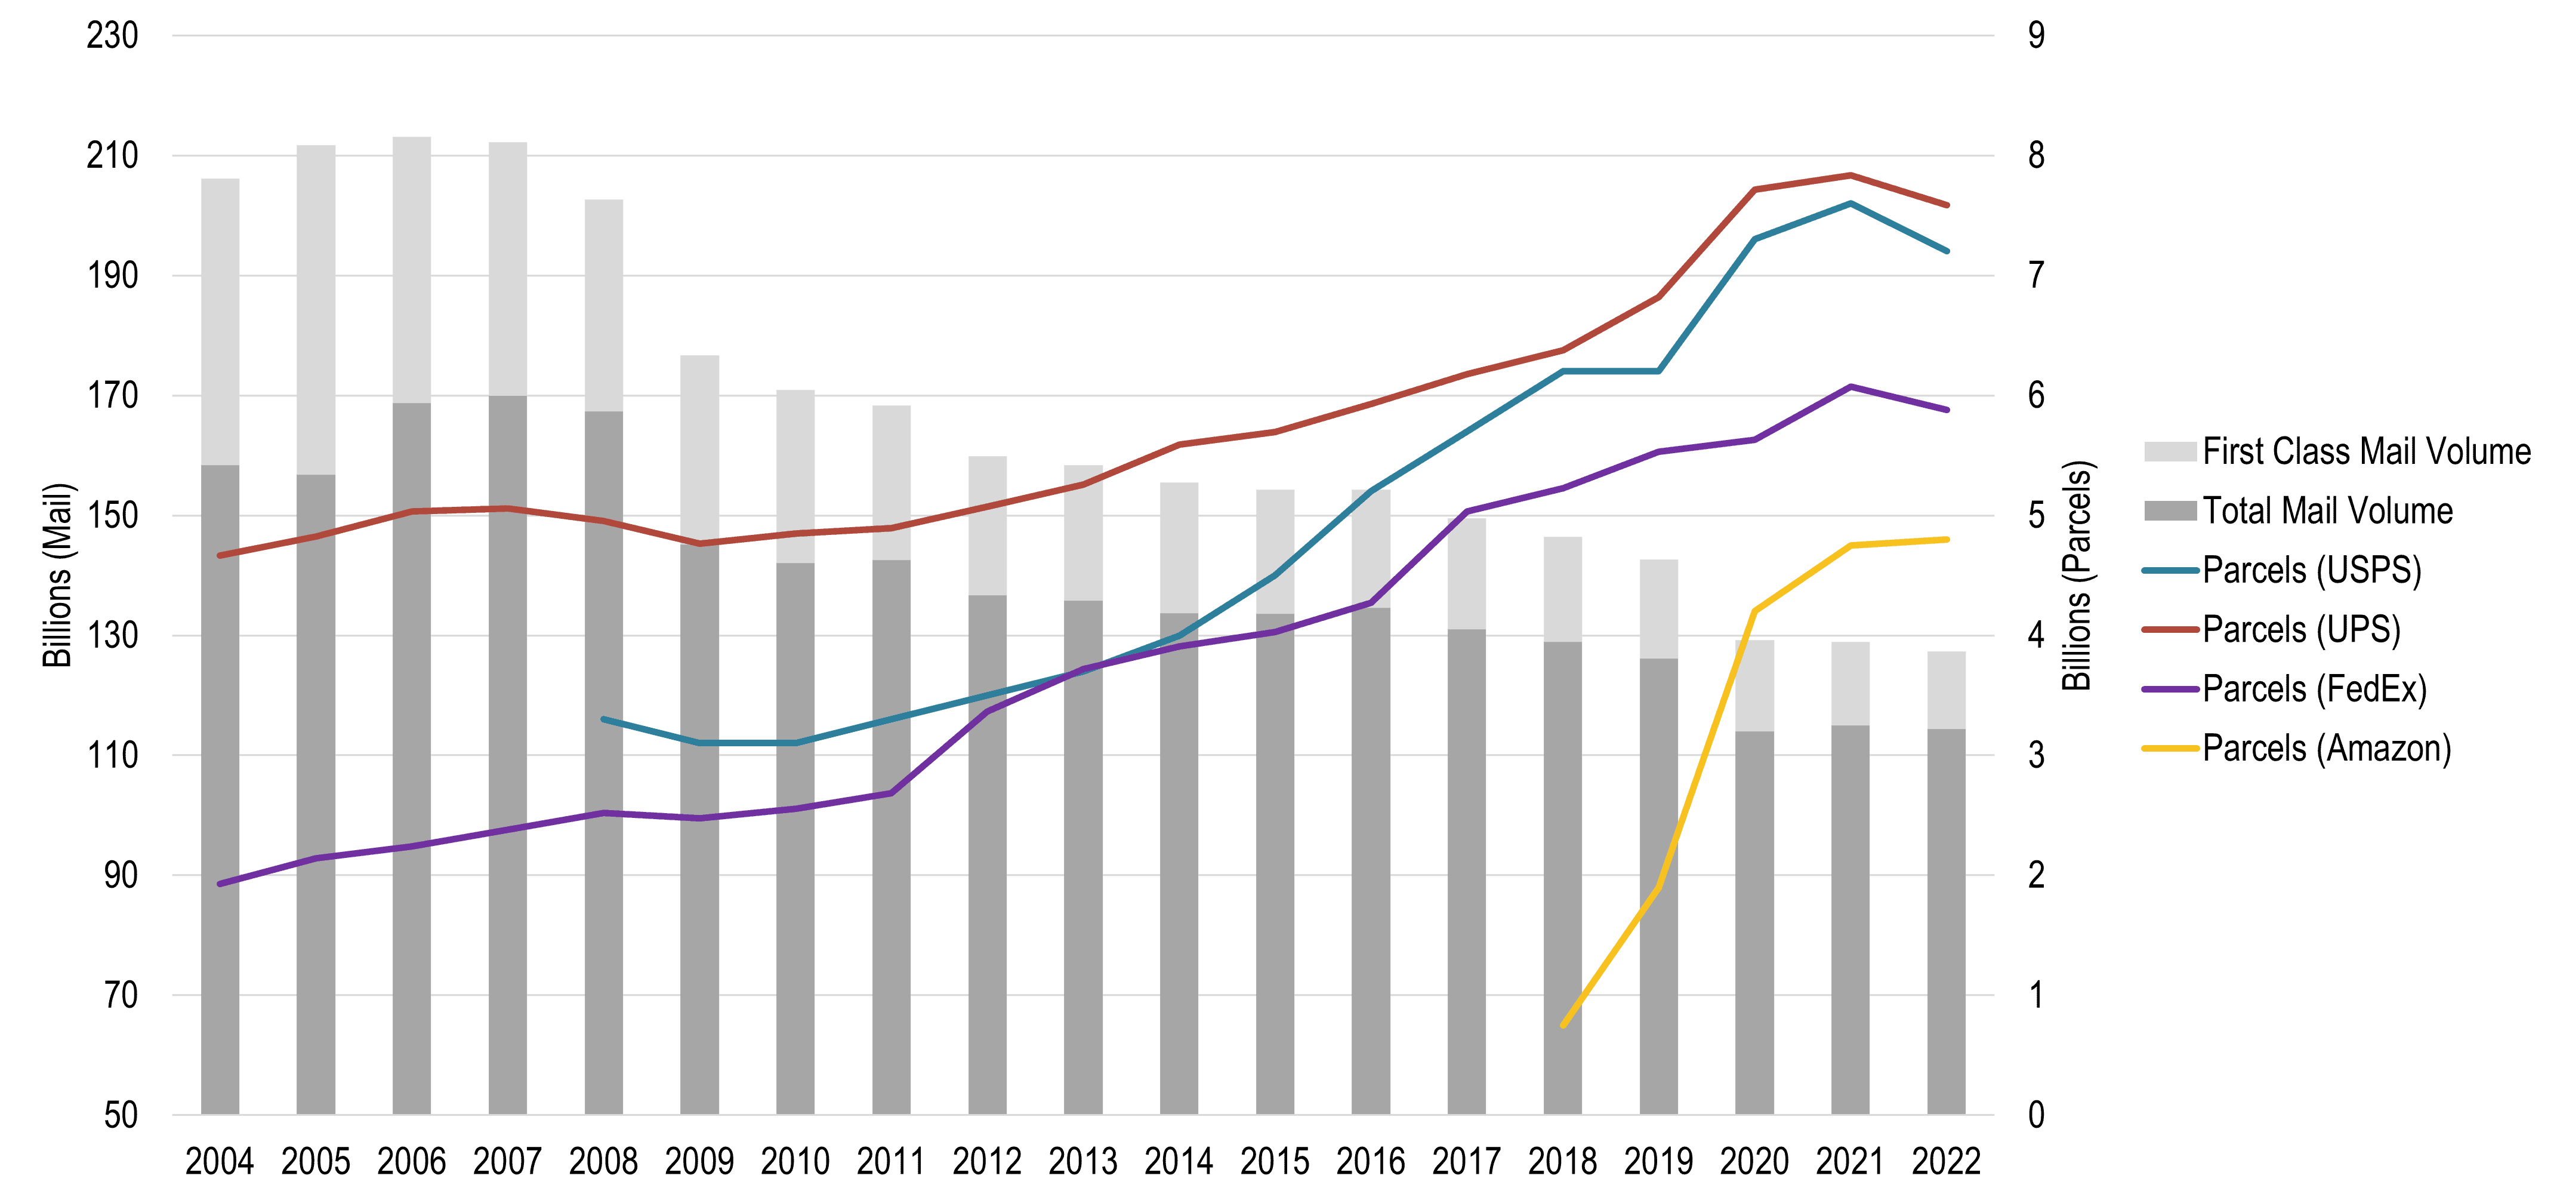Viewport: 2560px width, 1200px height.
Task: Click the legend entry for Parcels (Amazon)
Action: point(2325,747)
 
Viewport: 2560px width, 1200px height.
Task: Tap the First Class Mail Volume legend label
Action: point(2366,451)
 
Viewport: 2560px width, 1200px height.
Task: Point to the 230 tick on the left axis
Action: point(112,36)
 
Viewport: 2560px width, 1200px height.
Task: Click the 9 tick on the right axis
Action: point(2036,36)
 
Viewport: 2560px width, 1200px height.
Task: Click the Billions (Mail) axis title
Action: point(58,575)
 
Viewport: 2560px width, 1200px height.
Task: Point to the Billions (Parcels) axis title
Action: point(2077,575)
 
